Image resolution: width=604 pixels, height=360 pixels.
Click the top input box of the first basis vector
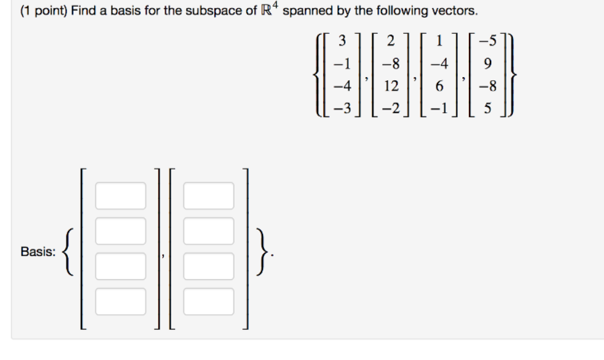point(120,195)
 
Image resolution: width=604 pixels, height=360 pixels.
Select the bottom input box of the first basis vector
point(120,301)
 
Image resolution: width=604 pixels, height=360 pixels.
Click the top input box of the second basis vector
point(208,195)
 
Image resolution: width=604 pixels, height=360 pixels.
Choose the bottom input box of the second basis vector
point(208,301)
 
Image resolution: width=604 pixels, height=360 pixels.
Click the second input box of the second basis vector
point(208,231)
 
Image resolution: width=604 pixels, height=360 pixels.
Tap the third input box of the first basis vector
point(120,266)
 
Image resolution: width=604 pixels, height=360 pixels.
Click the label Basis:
point(38,252)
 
